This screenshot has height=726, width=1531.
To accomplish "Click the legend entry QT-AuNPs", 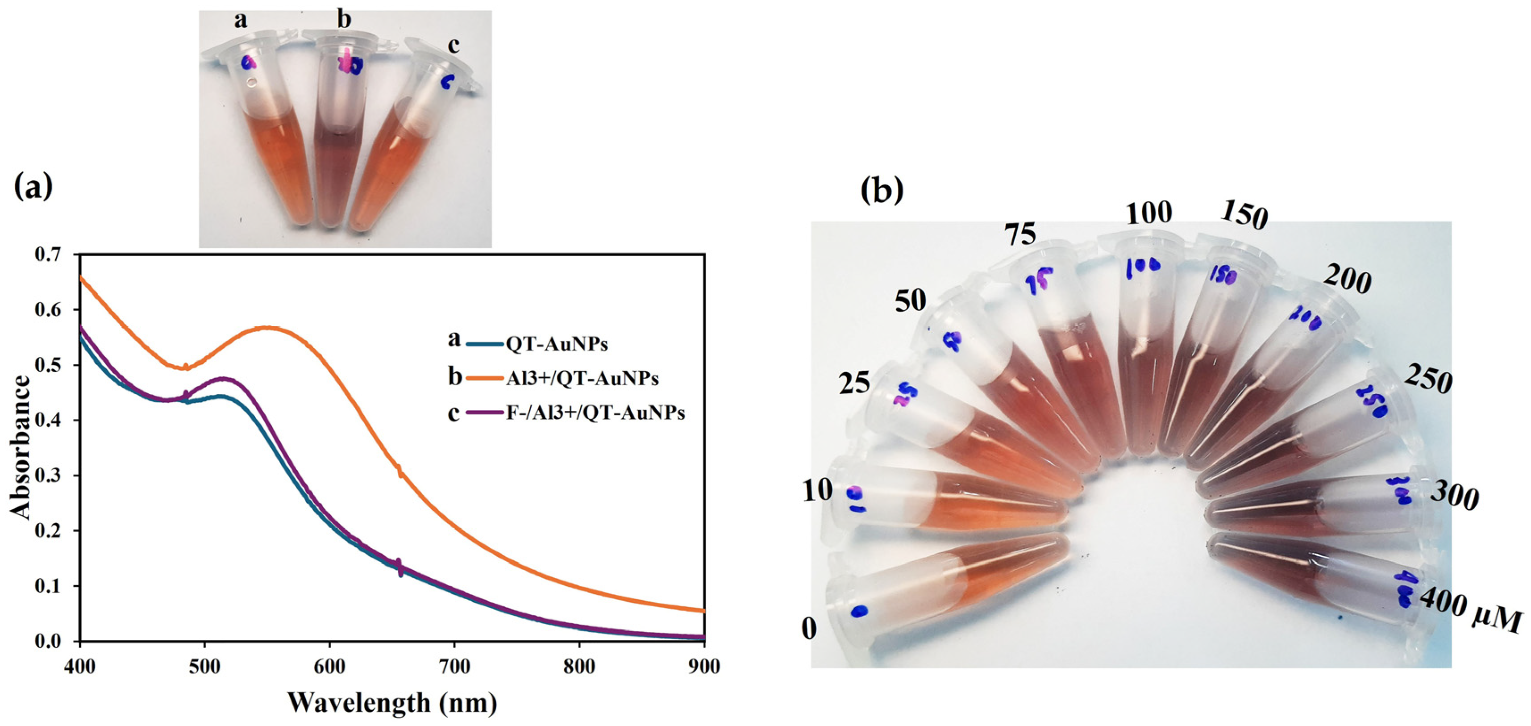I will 556,344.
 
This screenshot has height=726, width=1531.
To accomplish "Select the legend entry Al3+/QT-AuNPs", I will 582,378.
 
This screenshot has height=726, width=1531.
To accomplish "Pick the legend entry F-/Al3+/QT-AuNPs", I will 595,413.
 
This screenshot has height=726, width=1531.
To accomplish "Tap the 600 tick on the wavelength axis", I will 329,667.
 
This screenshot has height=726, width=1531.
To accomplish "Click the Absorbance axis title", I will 21,447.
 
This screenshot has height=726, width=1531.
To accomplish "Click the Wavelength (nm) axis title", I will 392,702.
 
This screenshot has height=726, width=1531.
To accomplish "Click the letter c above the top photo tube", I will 454,45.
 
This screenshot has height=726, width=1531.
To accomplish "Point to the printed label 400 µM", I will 1468,613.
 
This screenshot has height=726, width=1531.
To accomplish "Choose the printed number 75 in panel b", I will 1020,233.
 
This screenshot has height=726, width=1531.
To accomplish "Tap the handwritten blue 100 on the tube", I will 1142,268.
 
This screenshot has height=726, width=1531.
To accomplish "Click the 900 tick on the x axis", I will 704,667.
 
